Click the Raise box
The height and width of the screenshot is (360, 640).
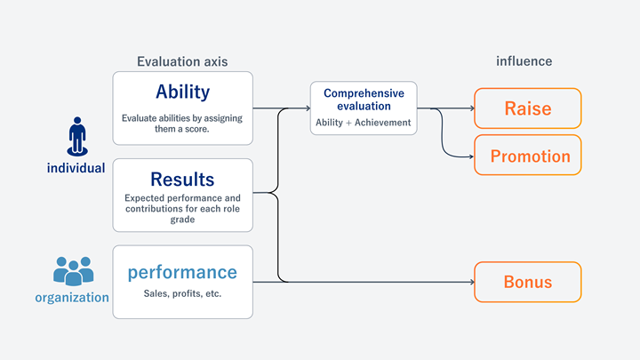pyautogui.click(x=528, y=108)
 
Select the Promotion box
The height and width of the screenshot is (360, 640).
pyautogui.click(x=528, y=156)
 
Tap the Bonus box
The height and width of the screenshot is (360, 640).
pyautogui.click(x=528, y=282)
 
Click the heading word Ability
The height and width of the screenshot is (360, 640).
pyautogui.click(x=183, y=92)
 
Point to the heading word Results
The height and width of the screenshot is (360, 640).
pyautogui.click(x=183, y=180)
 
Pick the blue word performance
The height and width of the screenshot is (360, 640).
pyautogui.click(x=183, y=272)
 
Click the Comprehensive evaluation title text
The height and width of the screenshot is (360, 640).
pyautogui.click(x=364, y=100)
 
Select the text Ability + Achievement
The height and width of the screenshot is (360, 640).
pyautogui.click(x=364, y=123)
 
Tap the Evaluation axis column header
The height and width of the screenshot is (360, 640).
pyautogui.click(x=182, y=61)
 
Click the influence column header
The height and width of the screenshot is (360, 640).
pyautogui.click(x=524, y=61)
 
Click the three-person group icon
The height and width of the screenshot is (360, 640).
pyautogui.click(x=74, y=270)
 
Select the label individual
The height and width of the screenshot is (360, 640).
pyautogui.click(x=76, y=167)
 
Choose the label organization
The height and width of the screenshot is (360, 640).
pyautogui.click(x=72, y=298)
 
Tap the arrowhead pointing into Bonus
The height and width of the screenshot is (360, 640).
pyautogui.click(x=471, y=282)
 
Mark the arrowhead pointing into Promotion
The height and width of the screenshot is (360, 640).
pyautogui.click(x=471, y=156)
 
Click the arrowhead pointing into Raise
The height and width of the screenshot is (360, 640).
pyautogui.click(x=471, y=108)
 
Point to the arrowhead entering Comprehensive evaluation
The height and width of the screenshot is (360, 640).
pyautogui.click(x=307, y=108)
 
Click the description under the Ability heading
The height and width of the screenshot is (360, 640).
pyautogui.click(x=183, y=123)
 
